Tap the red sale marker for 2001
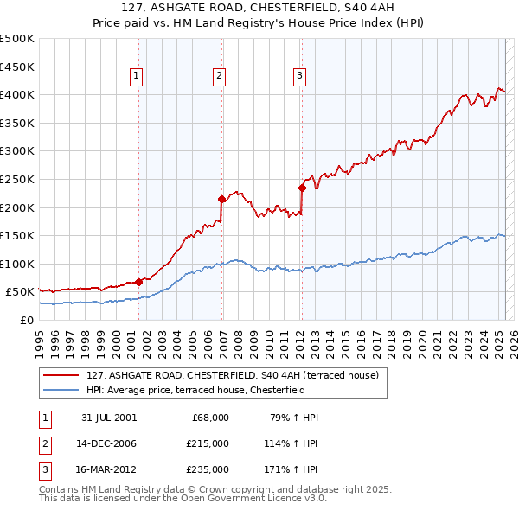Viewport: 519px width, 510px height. click(x=139, y=282)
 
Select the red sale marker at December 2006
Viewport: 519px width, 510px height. click(x=221, y=199)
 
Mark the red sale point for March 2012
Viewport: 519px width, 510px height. click(x=302, y=188)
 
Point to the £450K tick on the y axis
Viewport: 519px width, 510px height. click(x=17, y=67)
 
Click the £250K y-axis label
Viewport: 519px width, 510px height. click(x=17, y=179)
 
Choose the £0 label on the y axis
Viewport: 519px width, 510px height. click(x=26, y=321)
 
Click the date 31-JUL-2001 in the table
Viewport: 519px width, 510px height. click(x=109, y=418)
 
